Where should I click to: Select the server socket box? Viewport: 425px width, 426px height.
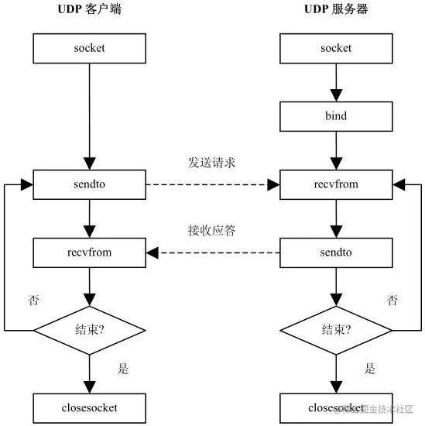(x=335, y=48)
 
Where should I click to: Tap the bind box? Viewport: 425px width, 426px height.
(x=335, y=116)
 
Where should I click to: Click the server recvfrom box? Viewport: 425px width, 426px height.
(x=335, y=185)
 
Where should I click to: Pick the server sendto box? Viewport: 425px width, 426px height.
(x=335, y=252)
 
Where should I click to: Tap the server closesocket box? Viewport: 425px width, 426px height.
(x=335, y=406)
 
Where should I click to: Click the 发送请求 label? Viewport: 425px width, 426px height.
(x=211, y=163)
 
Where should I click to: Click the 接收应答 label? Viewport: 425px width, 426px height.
(x=211, y=230)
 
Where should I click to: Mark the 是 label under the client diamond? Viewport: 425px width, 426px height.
(x=122, y=369)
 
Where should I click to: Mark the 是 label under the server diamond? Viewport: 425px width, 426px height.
(x=369, y=369)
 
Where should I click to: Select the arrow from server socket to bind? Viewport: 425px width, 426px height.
(x=335, y=82)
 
